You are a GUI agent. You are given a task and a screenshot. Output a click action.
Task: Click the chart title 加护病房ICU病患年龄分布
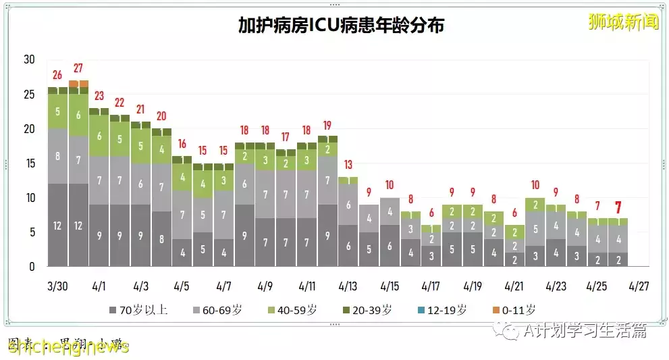click(x=341, y=25)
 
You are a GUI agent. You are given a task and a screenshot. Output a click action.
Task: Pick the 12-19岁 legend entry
click(x=442, y=311)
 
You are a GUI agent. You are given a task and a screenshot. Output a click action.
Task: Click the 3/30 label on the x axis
click(x=57, y=286)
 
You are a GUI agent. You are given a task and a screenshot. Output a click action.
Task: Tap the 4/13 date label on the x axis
click(x=348, y=286)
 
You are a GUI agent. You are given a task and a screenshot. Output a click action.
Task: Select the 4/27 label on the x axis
click(x=639, y=286)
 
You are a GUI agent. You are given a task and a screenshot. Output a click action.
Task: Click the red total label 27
click(x=78, y=68)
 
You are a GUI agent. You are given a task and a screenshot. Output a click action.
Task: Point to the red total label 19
click(x=327, y=125)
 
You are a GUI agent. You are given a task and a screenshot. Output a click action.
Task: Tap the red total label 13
click(x=348, y=165)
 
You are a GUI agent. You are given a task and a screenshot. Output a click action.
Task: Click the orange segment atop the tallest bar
click(x=78, y=84)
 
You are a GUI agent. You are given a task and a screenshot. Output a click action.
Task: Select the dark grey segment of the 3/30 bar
click(x=57, y=225)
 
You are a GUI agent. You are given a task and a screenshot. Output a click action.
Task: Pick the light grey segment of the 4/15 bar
click(x=390, y=211)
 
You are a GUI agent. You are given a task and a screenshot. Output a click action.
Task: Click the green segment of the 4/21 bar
click(x=514, y=232)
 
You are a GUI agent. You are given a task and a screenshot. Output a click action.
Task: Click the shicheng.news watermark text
click(x=68, y=346)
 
